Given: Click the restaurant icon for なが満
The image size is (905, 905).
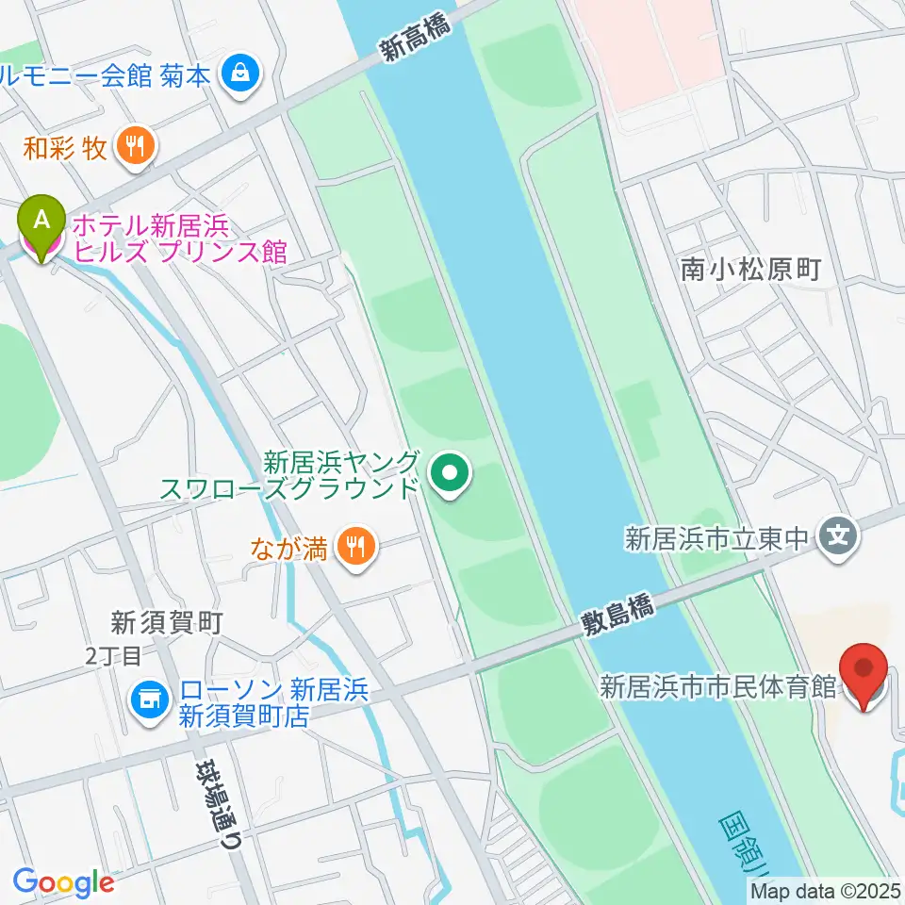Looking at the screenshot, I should [356, 547].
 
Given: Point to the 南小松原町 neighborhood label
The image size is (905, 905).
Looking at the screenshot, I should [750, 271].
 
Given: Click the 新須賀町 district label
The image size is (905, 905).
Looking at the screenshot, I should [166, 621].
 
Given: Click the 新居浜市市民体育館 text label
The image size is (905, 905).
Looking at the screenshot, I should [718, 686].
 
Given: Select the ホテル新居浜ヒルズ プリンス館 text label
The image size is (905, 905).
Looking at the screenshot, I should [179, 238].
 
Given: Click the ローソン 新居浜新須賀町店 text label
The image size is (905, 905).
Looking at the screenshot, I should [245, 703].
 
